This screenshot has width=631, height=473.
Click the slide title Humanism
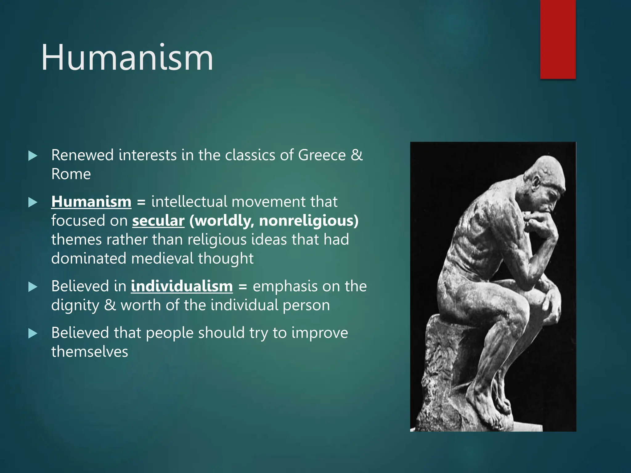coord(127,58)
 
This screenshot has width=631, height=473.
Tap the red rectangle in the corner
coord(558,39)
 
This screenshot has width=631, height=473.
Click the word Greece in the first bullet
coord(322,155)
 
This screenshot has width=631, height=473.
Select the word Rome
coord(71,174)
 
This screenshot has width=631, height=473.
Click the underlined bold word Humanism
coord(91,202)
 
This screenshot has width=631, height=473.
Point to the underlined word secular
coord(158,221)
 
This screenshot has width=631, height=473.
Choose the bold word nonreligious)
coord(309,221)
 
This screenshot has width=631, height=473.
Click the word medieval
coord(162,258)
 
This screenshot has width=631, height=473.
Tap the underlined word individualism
coord(182,286)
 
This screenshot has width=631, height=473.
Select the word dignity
coord(75,305)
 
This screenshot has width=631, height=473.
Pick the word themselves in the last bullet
coord(89,352)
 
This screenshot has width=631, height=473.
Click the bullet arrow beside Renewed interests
coord(33,156)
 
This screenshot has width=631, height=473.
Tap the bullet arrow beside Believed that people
coord(33,334)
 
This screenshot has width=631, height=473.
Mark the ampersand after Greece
coord(357,155)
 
